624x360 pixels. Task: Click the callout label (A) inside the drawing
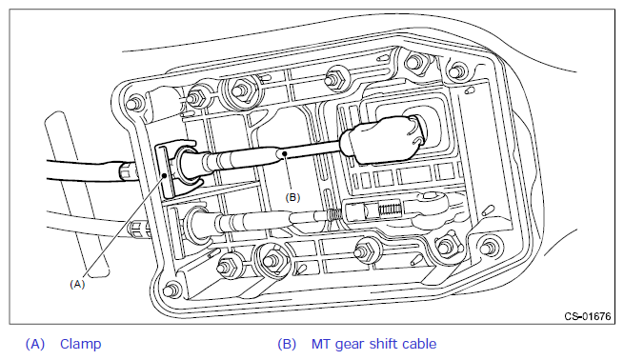[77, 284]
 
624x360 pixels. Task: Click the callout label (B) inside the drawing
[292, 197]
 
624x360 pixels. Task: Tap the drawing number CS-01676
[588, 316]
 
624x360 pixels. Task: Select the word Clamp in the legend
[80, 344]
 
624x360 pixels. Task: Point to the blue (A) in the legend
[35, 344]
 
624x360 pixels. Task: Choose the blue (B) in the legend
[287, 344]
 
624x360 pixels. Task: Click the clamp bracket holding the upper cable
[165, 170]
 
